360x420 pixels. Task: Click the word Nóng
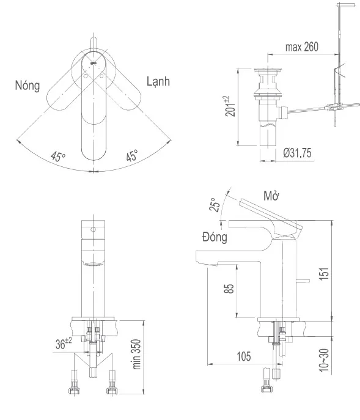[x=28, y=86]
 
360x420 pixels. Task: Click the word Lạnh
[x=158, y=81]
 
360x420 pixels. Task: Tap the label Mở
[x=271, y=196]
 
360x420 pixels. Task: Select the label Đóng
[x=215, y=237]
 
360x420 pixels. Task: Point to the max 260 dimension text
[x=302, y=47]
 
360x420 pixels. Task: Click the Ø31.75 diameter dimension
[x=297, y=153]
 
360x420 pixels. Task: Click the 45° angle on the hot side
[x=58, y=156]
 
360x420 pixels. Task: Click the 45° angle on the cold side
[x=132, y=155]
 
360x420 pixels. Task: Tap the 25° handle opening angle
[x=216, y=205]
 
